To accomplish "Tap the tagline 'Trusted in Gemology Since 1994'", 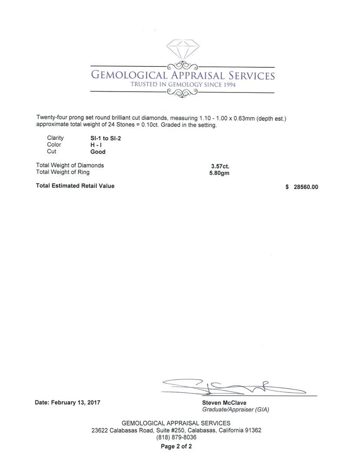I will point(183,85).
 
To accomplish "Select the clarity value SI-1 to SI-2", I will point(102,138).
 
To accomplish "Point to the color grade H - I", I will point(96,145).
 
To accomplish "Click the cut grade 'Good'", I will point(98,152).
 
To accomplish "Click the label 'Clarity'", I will point(55,138).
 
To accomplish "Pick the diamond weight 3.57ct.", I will point(220,166).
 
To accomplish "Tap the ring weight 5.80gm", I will point(219,173).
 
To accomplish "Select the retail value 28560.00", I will point(306,187).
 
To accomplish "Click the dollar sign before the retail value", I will point(287,187).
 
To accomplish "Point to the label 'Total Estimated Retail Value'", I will point(75,186).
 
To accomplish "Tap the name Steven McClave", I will point(224,403).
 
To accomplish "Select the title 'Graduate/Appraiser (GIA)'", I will point(235,410).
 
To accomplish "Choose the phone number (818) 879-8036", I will point(176,437).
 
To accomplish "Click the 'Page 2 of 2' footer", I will point(176,446).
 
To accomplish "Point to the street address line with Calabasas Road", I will point(176,430).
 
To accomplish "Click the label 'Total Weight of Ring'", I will point(63,172).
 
